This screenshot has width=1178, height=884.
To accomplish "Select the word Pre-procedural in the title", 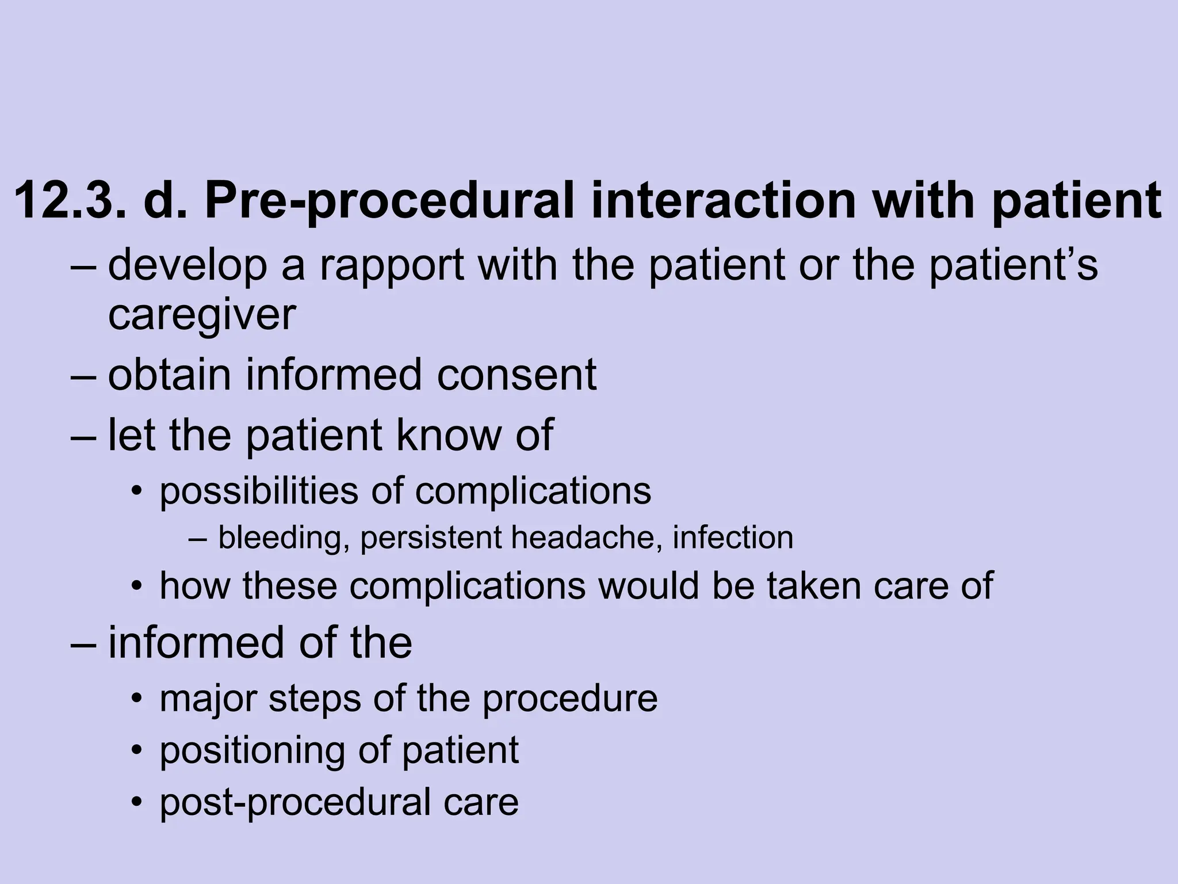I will (389, 201).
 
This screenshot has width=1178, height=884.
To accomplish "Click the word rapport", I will (391, 266).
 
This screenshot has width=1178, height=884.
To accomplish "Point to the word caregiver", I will (202, 316).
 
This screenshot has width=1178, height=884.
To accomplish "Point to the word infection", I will (733, 538).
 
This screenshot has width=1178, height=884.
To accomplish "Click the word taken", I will (814, 586).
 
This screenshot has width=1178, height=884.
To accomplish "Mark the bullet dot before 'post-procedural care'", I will (136, 802).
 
